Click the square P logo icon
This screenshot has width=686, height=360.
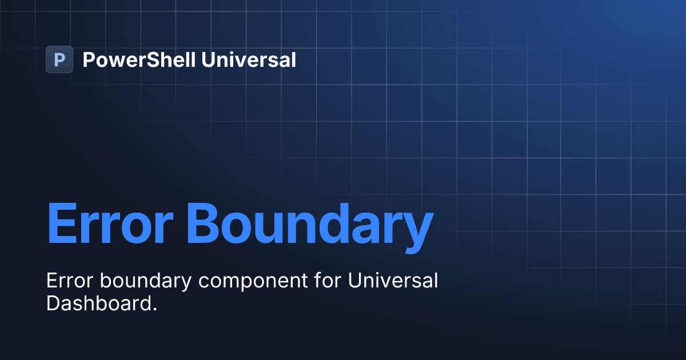59,59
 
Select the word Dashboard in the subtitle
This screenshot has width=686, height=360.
98,303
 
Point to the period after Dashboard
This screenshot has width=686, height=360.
154,309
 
